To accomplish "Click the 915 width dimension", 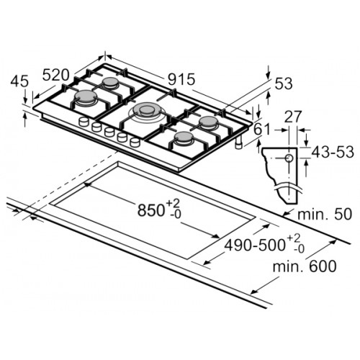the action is [181, 79].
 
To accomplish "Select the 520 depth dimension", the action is [56, 75].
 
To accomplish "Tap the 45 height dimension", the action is [19, 81].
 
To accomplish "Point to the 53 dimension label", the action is [284, 84].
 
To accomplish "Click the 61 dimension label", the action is [262, 129].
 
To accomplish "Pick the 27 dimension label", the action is [292, 117].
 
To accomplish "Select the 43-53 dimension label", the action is [333, 152].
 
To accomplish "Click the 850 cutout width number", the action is [150, 210].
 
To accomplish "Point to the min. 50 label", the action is [325, 214].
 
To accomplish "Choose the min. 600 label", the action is [305, 266].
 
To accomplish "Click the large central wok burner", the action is [147, 111].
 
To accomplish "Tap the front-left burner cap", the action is [86, 96].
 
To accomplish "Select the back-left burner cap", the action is [111, 81].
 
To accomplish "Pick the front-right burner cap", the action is [184, 138].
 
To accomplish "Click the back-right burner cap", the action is [209, 122].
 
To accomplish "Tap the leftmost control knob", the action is [84, 121].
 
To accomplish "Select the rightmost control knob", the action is [135, 142].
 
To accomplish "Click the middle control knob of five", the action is [109, 132].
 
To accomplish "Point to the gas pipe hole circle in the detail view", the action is [289, 158].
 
